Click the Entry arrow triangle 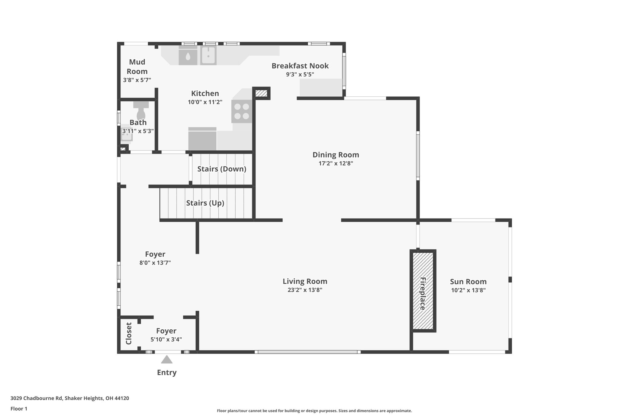166,359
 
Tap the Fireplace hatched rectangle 423,291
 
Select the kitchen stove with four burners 242,111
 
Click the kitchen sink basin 209,55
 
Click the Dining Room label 336,155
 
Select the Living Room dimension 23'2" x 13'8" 305,290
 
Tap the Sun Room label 468,281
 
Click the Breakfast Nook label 300,66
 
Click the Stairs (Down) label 222,169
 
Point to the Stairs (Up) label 205,203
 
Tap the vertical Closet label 129,333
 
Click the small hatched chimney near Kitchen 262,93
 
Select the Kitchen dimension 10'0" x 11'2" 205,102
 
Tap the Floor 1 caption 19,409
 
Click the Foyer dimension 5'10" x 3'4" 166,339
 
